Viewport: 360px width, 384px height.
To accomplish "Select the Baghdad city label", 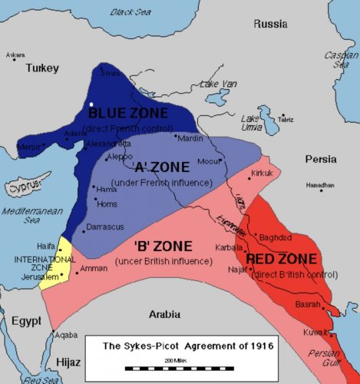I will click(276, 237).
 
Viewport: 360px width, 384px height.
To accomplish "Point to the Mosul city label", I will click(210, 163).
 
